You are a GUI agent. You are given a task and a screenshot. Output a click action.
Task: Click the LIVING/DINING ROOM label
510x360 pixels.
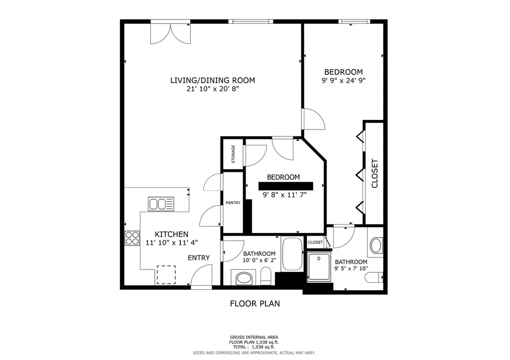[213, 80]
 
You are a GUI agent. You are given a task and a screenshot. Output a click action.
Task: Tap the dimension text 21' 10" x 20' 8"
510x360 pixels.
[213, 89]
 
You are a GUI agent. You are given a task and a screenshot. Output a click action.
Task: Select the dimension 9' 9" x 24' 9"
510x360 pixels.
[344, 81]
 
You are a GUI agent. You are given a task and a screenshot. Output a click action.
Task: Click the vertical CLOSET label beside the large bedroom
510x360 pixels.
[375, 173]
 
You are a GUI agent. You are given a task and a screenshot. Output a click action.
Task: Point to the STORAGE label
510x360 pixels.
[233, 154]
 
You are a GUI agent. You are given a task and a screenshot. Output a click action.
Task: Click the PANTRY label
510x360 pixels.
[233, 203]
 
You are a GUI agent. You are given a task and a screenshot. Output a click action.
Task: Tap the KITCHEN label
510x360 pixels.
[171, 235]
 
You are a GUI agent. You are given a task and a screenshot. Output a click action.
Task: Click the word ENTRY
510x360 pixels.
[199, 257]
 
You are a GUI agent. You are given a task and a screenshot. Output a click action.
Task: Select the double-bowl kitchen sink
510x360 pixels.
[161, 204]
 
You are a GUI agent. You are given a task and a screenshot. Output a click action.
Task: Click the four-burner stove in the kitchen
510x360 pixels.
[132, 239]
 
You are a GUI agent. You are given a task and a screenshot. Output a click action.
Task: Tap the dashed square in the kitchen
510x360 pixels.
[166, 274]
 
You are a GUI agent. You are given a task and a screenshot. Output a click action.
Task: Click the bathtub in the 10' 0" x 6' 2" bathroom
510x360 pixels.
[292, 254]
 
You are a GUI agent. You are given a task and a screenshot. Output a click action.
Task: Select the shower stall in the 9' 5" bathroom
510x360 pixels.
[319, 267]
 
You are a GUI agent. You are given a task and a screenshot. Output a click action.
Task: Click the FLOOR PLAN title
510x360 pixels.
[255, 303]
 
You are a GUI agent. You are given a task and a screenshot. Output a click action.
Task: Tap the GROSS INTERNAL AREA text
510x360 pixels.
[255, 337]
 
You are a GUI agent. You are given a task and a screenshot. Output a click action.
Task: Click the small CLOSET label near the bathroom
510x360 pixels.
[315, 242]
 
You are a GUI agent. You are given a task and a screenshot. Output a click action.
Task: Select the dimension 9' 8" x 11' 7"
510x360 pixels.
[285, 195]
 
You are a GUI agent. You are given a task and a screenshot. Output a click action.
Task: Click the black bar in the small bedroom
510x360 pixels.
[285, 186]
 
